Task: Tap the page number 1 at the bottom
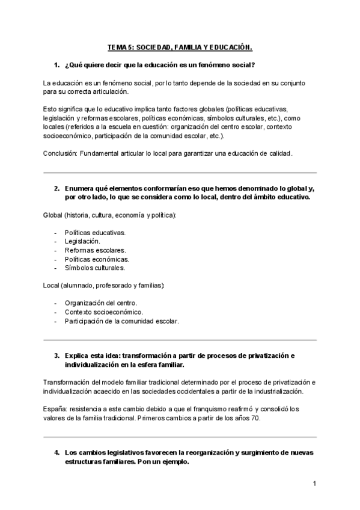pyautogui.click(x=314, y=484)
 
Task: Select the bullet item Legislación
pyautogui.click(x=82, y=241)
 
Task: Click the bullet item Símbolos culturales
pyautogui.click(x=94, y=268)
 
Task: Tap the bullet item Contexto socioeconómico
pyautogui.click(x=103, y=312)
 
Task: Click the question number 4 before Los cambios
pyautogui.click(x=56, y=452)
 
